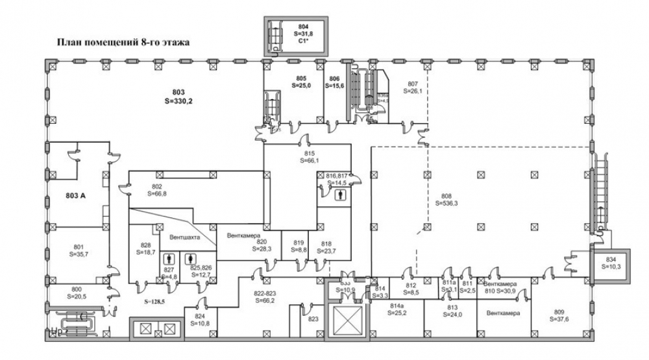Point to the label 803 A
pos(76,195)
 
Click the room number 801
pos(79,246)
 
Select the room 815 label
pos(310,153)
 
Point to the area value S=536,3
pos(445,202)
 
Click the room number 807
pos(413,84)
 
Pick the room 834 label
pos(611,259)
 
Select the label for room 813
pos(452,307)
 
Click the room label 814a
pos(397,305)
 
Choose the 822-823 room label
pos(265,293)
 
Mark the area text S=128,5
pos(155,302)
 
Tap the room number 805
pos(300,78)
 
